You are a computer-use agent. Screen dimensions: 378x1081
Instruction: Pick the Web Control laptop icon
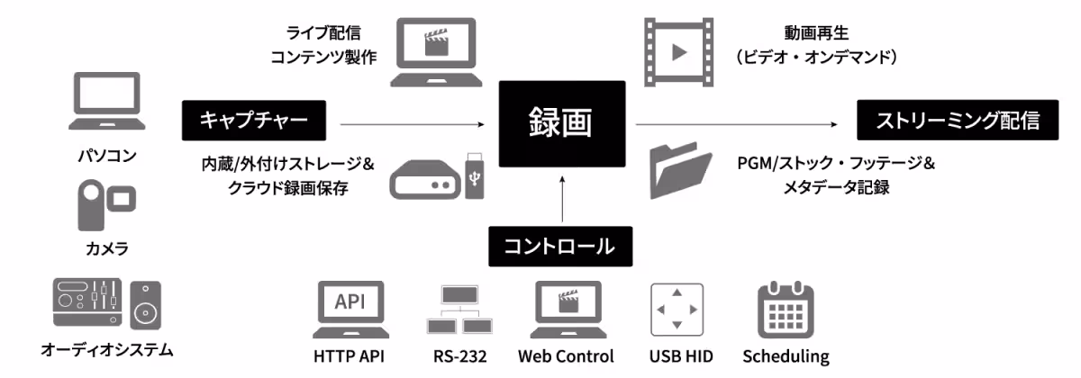tap(566, 308)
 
